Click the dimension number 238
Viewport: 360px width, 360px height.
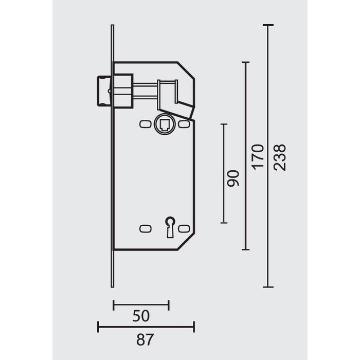point(280,157)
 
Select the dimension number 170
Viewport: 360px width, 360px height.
point(258,157)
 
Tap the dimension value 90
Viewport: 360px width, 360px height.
point(234,178)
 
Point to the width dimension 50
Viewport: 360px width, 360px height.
point(141,316)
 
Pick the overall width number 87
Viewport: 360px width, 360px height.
point(146,339)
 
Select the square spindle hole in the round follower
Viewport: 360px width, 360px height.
point(165,124)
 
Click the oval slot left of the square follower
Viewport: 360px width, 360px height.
point(145,124)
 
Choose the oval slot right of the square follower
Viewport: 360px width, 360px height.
point(185,124)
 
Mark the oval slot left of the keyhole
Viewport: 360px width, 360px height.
point(145,227)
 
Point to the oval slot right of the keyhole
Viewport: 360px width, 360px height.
point(185,227)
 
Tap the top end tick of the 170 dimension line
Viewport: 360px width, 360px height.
point(246,62)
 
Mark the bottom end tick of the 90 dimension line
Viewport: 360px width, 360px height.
point(224,223)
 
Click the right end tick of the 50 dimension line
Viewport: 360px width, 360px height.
point(169,304)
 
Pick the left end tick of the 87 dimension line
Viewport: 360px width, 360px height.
point(98,327)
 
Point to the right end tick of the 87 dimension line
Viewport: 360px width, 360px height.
point(194,327)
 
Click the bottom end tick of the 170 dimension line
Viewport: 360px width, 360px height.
point(246,249)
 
